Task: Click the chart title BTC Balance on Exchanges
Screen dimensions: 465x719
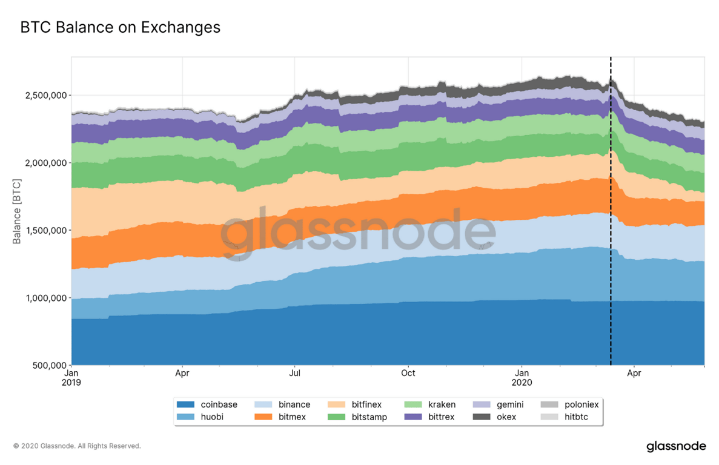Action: click(120, 28)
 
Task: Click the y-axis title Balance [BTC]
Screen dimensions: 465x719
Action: click(17, 211)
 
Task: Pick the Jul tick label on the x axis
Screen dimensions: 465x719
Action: click(295, 374)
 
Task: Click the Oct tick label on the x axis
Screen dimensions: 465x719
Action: click(408, 374)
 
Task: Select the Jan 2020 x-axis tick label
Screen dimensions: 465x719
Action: click(522, 378)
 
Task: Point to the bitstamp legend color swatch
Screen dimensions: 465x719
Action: click(336, 417)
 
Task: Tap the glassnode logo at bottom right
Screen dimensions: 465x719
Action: click(676, 447)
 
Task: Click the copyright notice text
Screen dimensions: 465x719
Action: click(77, 446)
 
